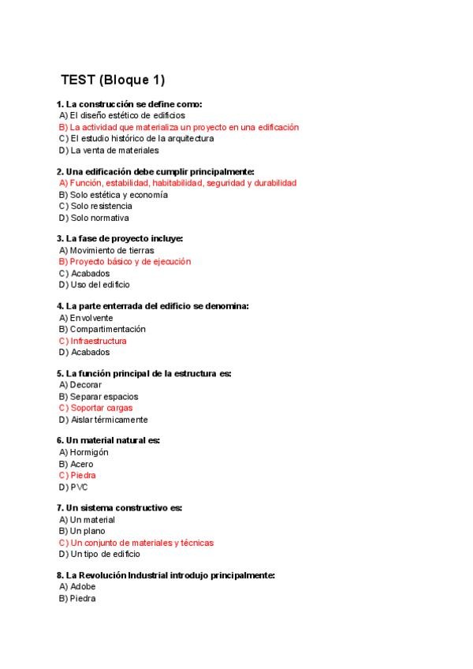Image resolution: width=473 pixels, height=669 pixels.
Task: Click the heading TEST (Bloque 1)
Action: (113, 80)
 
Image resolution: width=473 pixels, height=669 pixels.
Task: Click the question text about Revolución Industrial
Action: (166, 576)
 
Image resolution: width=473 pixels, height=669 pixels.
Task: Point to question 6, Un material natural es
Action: (114, 440)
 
